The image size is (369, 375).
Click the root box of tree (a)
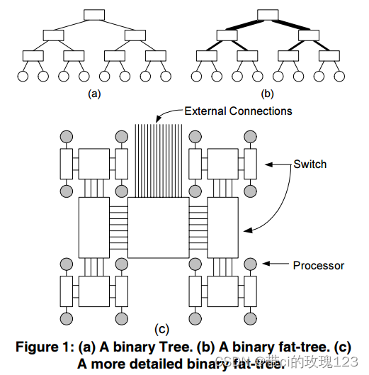(93, 14)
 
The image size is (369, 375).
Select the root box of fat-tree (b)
(267, 14)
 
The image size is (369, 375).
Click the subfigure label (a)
(93, 93)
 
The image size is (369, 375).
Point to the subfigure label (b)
(267, 93)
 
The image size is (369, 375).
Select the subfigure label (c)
(161, 328)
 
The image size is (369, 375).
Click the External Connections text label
(239, 111)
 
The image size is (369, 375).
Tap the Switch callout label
(310, 164)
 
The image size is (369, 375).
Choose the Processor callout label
(319, 265)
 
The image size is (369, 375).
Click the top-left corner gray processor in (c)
(66, 136)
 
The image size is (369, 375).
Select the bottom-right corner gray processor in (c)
(250, 317)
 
